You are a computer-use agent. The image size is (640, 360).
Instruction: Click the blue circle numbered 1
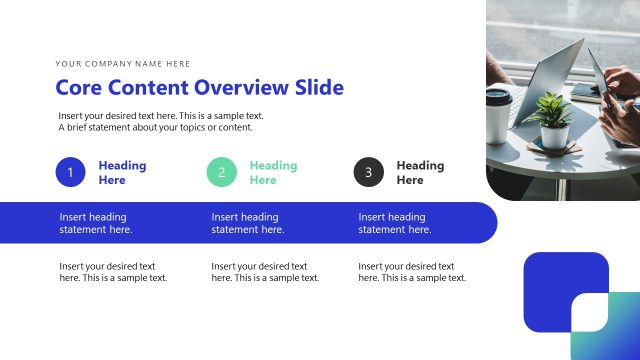coord(70,172)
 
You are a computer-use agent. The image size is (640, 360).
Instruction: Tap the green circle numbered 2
coord(221,172)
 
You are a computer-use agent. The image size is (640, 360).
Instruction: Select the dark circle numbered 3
coord(368,172)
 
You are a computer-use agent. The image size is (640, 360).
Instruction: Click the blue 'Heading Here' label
coord(122,173)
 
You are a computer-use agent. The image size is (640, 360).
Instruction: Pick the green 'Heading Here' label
coord(273,173)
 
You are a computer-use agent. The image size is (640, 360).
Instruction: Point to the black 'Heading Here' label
coord(420,173)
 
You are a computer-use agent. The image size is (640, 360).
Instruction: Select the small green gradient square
coord(604,327)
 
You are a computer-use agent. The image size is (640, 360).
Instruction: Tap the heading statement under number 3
coord(395,223)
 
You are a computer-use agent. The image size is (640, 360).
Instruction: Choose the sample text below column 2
coord(265,272)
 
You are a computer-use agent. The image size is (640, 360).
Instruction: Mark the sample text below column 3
coord(412,272)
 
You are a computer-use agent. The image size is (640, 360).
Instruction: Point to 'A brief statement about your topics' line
coord(155,127)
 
